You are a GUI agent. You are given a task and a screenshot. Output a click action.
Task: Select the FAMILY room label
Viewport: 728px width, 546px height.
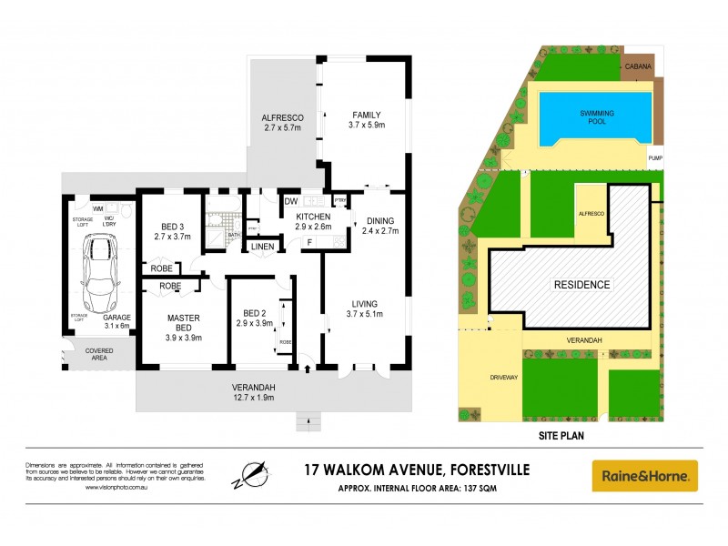pyautogui.click(x=368, y=115)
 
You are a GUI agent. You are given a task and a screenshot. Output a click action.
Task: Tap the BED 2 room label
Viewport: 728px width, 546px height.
pyautogui.click(x=254, y=312)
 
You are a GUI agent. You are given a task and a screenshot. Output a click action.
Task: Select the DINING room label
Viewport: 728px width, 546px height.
pyautogui.click(x=380, y=220)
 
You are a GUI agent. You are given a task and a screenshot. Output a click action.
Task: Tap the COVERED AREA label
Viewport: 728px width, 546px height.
pyautogui.click(x=99, y=354)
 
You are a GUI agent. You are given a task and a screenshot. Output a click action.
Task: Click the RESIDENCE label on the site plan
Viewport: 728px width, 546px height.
pyautogui.click(x=582, y=284)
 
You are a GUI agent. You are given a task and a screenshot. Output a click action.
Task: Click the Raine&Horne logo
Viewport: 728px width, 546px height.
pyautogui.click(x=644, y=475)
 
